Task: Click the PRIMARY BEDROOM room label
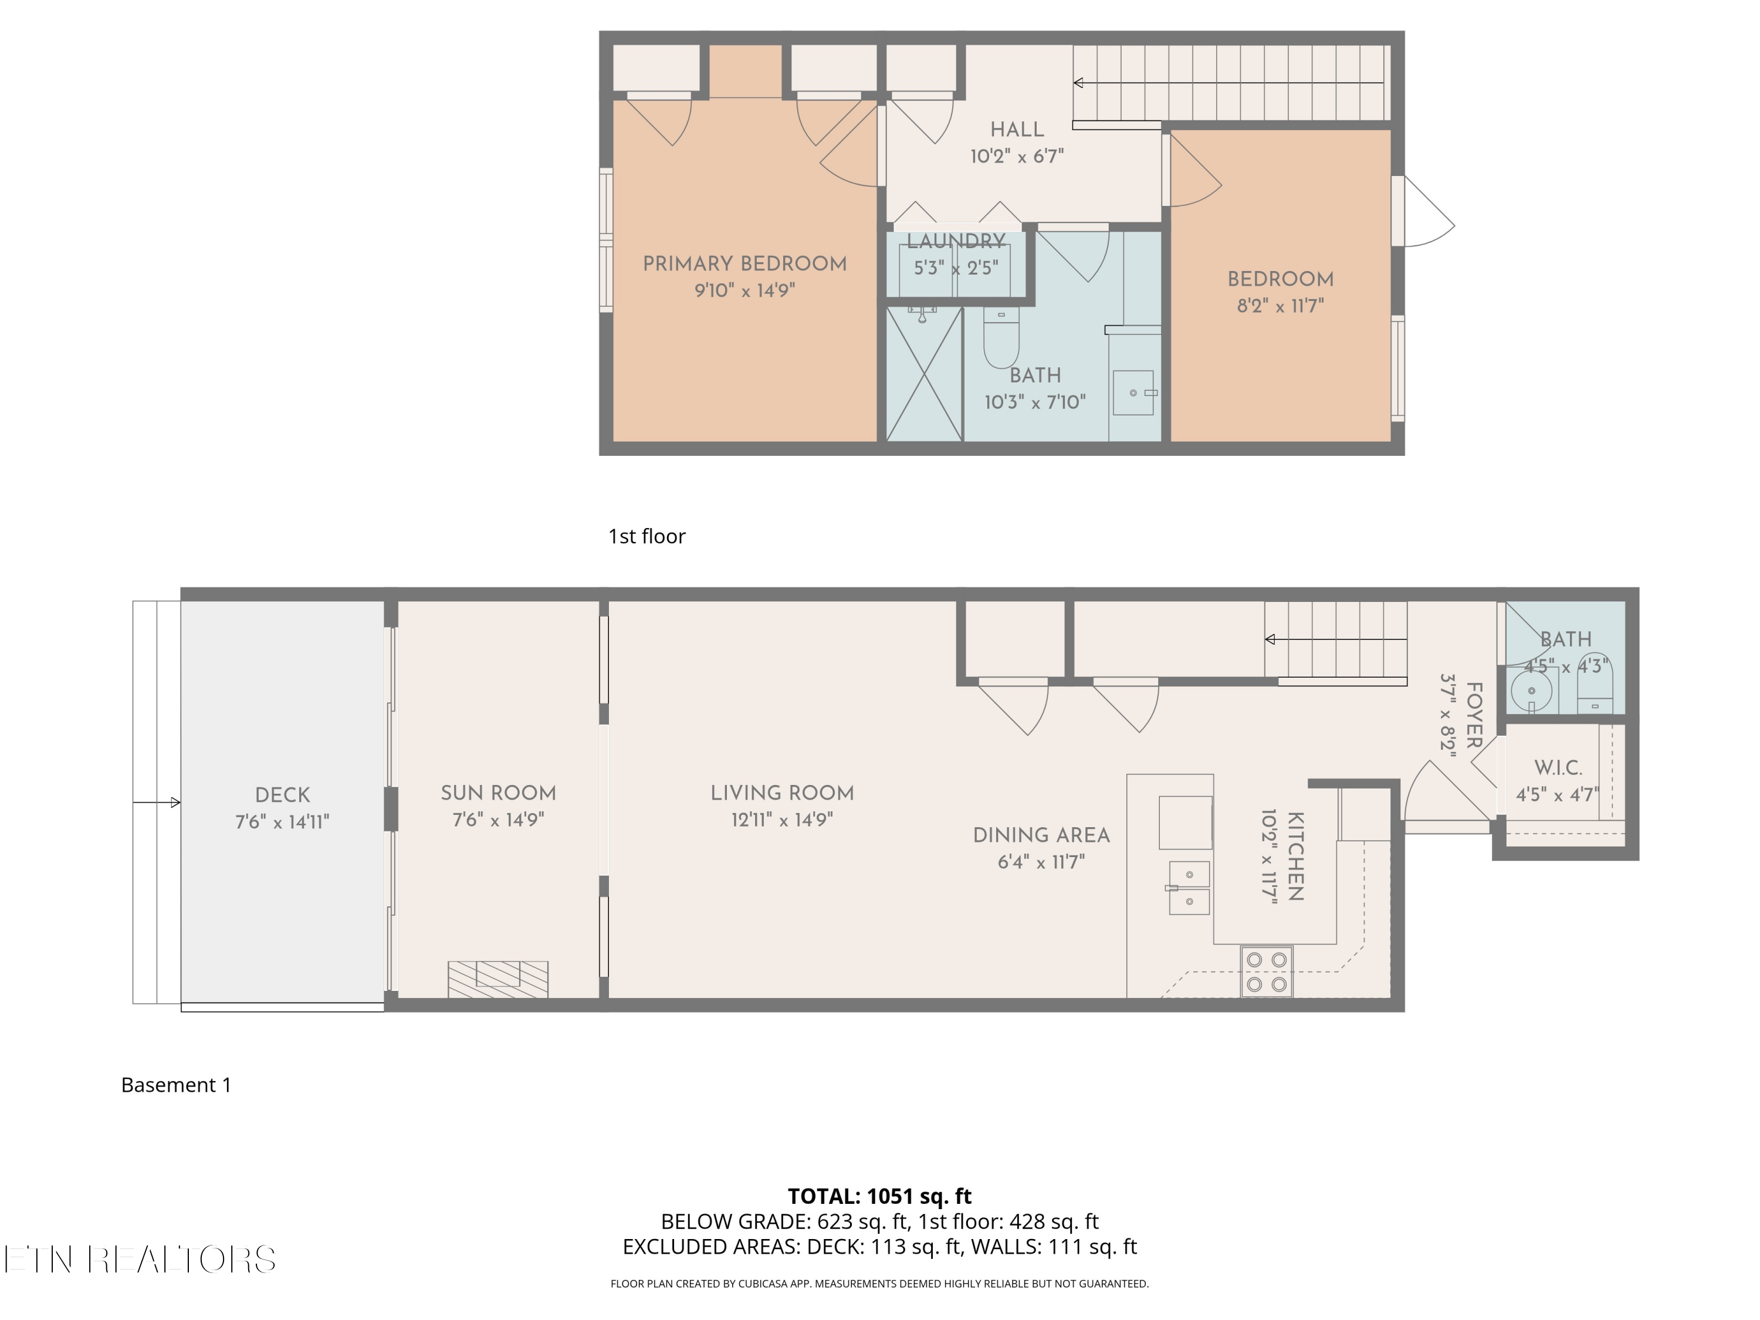(x=744, y=264)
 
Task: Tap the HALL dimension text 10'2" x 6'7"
(x=1017, y=156)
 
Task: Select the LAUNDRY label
(x=956, y=241)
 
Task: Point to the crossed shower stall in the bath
(x=925, y=374)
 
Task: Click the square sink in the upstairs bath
(x=1133, y=392)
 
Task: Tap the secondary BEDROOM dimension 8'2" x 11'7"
(x=1280, y=306)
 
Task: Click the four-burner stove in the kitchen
(x=1267, y=971)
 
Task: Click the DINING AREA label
(x=1041, y=835)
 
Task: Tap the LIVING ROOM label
(x=782, y=793)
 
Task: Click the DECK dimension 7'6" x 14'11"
(x=282, y=822)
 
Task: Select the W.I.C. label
(x=1558, y=768)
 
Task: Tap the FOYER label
(x=1474, y=715)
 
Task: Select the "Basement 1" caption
(x=176, y=1085)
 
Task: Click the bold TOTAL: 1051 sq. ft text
(x=879, y=1196)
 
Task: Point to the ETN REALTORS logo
(x=140, y=1260)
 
